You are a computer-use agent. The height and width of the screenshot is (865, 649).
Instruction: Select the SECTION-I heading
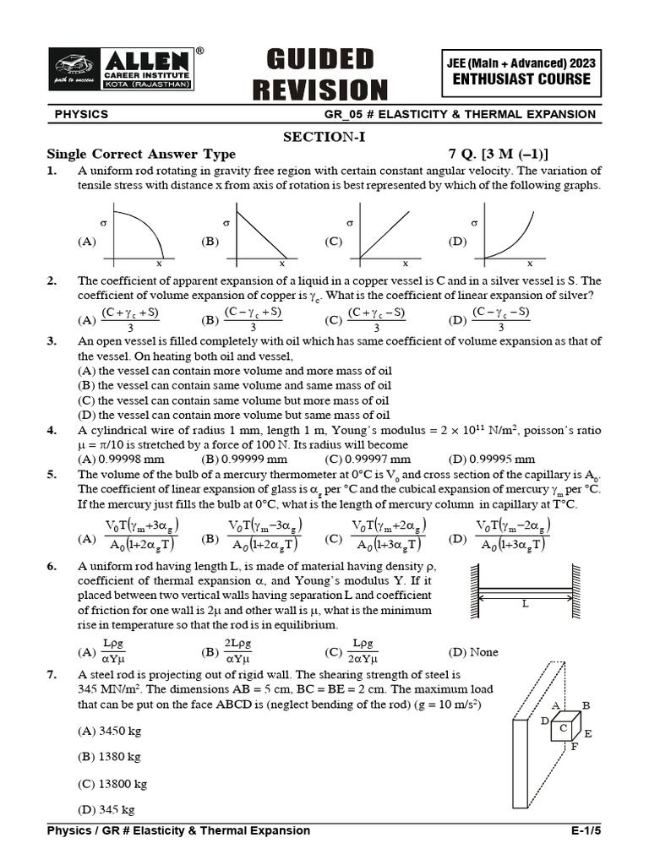point(324,138)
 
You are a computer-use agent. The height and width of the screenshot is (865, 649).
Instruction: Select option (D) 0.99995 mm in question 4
point(491,460)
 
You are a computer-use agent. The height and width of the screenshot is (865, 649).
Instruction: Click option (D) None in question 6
point(473,652)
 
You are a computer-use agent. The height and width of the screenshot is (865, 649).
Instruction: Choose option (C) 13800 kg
point(112,784)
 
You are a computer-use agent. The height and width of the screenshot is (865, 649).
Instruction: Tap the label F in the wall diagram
point(575,748)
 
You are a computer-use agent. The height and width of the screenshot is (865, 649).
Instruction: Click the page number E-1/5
point(586,830)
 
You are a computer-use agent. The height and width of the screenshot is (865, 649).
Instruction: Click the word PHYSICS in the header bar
point(81,114)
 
